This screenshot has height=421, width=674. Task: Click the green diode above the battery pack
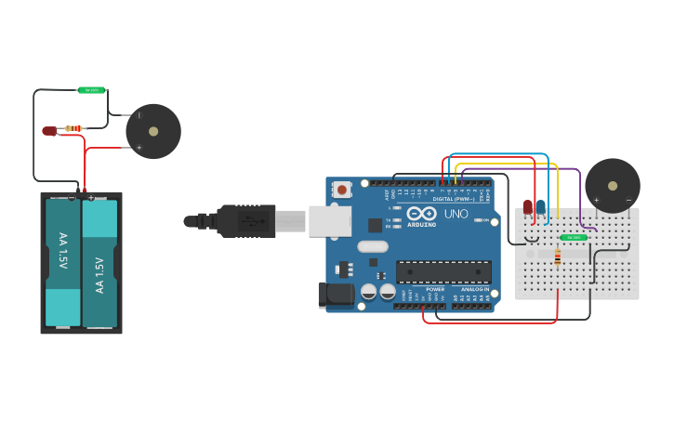[x=91, y=90]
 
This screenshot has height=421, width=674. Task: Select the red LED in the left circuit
[x=49, y=131]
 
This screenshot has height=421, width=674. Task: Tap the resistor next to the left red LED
[x=73, y=128]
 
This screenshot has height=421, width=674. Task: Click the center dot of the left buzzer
[x=153, y=131]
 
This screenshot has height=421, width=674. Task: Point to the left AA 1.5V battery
[x=63, y=262]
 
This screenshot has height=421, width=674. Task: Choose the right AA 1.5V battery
[x=99, y=262]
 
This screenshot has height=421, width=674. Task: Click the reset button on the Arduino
[x=342, y=190]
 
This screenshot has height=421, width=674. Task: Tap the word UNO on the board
[x=456, y=214]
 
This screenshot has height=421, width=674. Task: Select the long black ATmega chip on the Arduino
[x=443, y=271]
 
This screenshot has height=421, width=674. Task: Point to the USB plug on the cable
[x=246, y=221]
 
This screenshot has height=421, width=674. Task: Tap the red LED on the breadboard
[x=528, y=207]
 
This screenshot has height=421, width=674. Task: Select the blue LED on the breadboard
[x=540, y=207]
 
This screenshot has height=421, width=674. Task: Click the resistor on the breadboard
[x=557, y=257]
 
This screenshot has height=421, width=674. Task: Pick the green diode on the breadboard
[x=573, y=238]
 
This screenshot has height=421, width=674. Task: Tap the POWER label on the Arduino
[x=435, y=289]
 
